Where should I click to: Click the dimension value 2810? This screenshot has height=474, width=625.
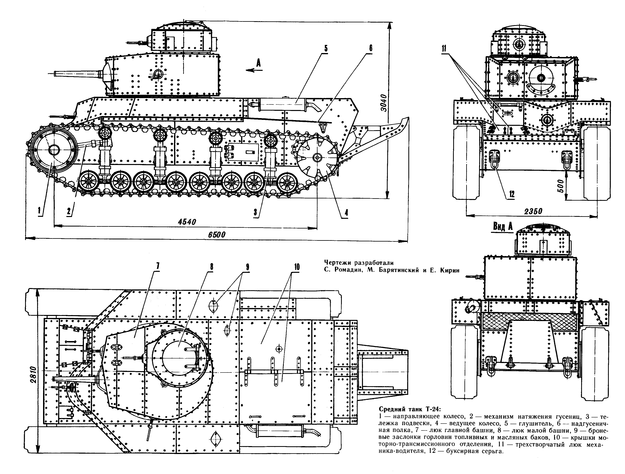[x=33, y=375]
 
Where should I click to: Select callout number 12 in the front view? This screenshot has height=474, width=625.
[x=511, y=194]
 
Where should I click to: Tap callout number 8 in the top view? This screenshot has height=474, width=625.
[x=211, y=266]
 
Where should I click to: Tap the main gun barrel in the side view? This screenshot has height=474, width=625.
[x=77, y=73]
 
